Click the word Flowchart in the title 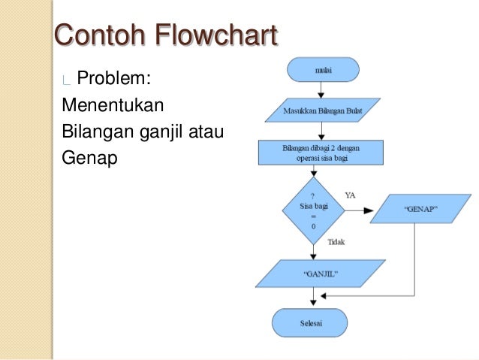pyautogui.click(x=216, y=35)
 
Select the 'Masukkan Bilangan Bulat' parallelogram pyautogui.click(x=321, y=112)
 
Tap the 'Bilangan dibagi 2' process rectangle pyautogui.click(x=321, y=153)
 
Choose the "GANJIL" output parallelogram pyautogui.click(x=321, y=274)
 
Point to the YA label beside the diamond pyautogui.click(x=350, y=195)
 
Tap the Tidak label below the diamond pyautogui.click(x=337, y=242)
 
